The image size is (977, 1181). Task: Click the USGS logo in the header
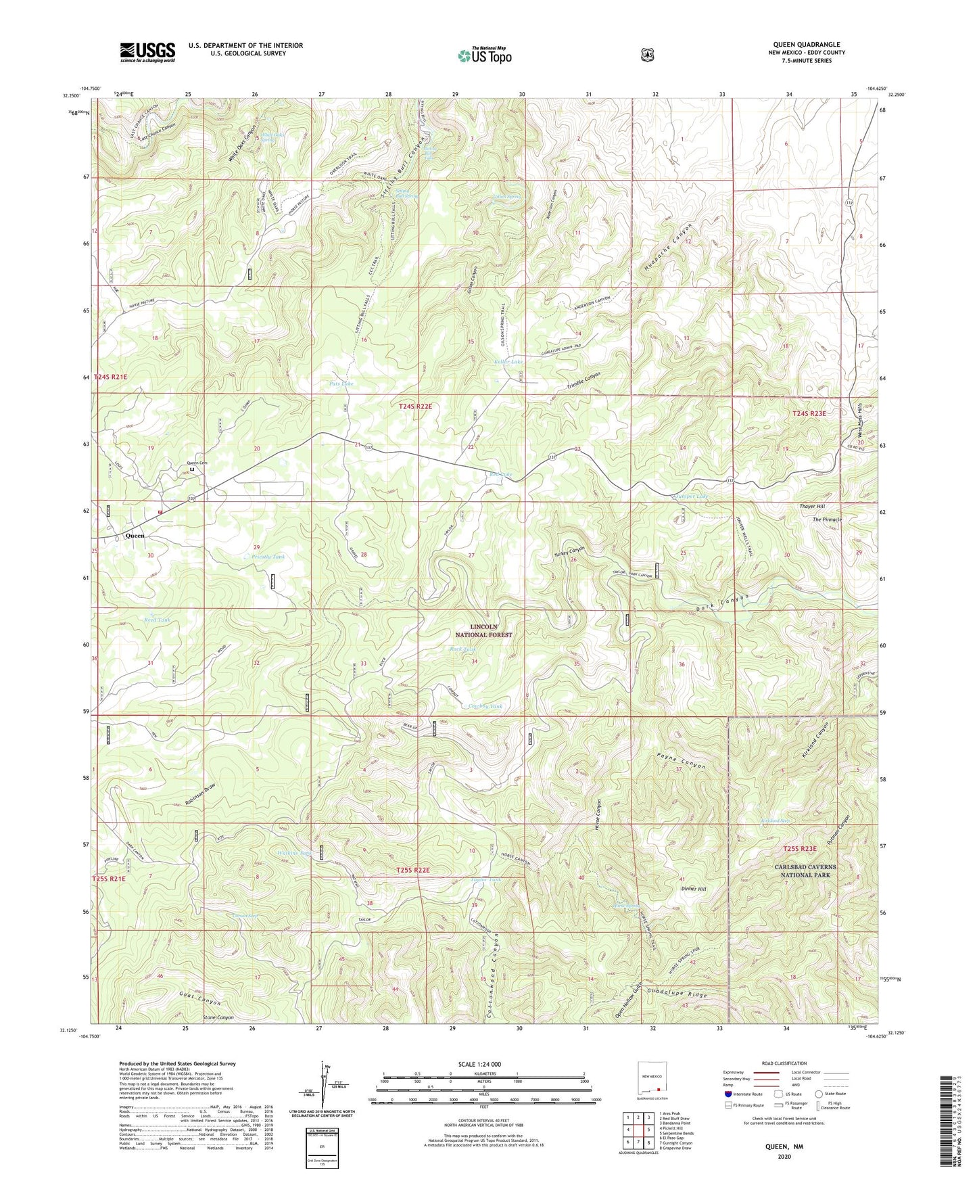click(147, 52)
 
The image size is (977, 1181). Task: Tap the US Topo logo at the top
click(483, 55)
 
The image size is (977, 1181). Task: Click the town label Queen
click(135, 535)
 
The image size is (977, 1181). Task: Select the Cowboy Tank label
click(485, 706)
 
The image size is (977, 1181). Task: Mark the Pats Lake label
click(341, 384)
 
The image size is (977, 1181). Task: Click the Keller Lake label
click(508, 362)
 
